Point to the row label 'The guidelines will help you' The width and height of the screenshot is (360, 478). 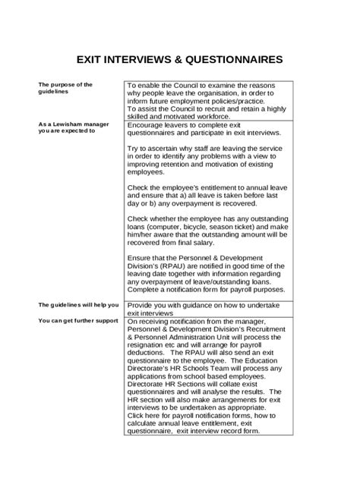pos(78,305)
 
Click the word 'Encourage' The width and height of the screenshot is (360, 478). pos(148,124)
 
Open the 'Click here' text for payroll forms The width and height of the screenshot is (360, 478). pos(144,417)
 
